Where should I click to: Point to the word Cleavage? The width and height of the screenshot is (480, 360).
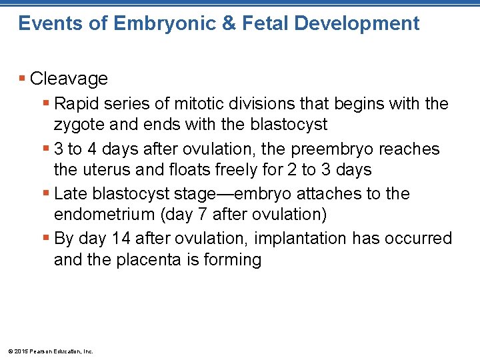point(69,79)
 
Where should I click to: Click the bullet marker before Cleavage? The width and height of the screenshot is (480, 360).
point(23,79)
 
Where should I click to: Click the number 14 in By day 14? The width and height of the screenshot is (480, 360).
point(127,239)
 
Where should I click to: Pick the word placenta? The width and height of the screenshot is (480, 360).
point(151,259)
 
